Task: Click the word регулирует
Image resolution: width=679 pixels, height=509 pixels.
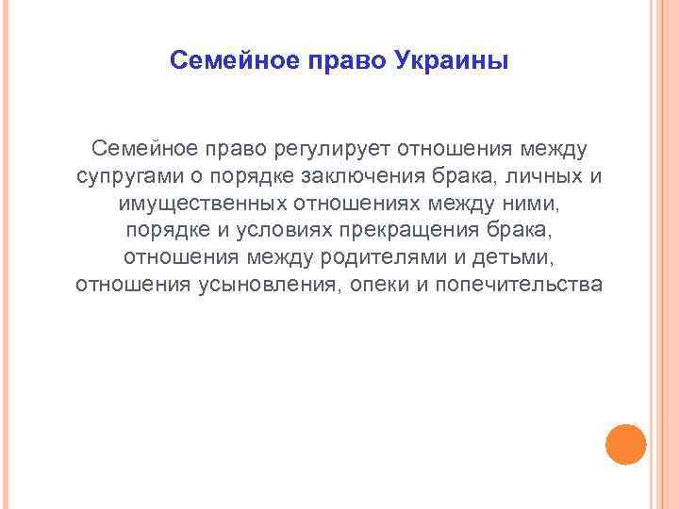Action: (x=334, y=149)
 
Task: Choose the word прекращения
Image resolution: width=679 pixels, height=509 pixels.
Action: (x=418, y=231)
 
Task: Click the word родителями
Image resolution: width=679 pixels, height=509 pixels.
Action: (x=345, y=258)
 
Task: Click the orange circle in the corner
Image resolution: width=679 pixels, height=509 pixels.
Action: (x=625, y=443)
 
